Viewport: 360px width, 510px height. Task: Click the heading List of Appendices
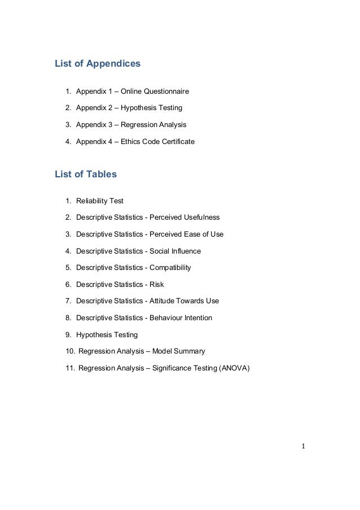[97, 64]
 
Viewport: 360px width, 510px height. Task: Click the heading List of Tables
[85, 175]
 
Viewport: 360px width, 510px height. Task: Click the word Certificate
[176, 141]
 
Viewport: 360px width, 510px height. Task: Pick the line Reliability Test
[100, 200]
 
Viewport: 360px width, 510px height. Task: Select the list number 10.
[70, 352]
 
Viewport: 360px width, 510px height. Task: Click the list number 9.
[68, 335]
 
